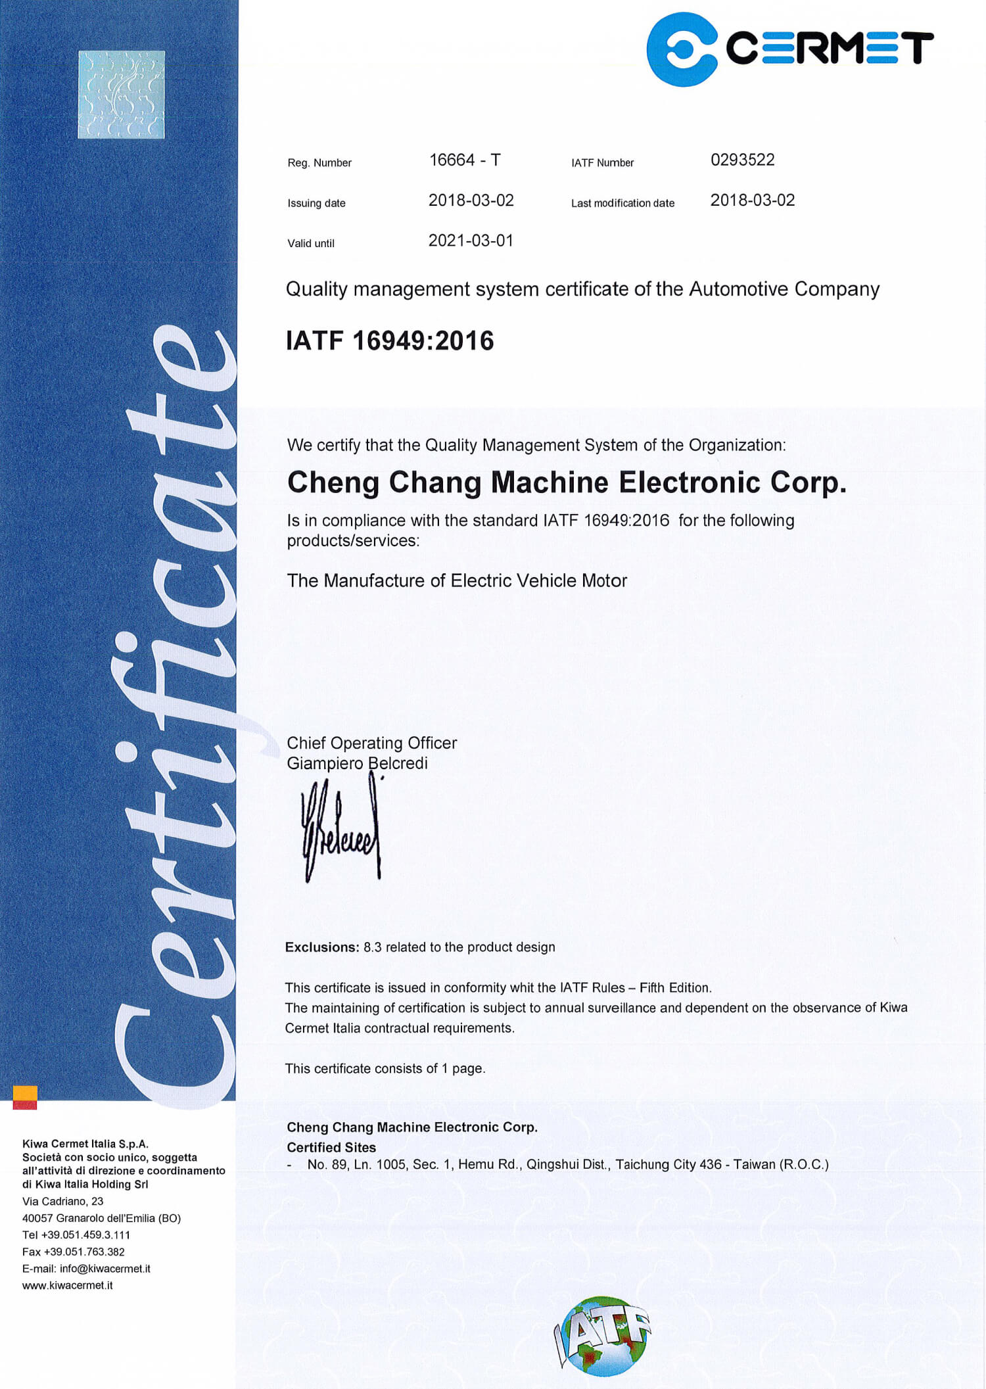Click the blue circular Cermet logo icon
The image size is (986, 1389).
682,49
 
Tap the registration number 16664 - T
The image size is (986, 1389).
465,160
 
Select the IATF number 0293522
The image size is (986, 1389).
742,160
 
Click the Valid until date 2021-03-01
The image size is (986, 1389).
471,241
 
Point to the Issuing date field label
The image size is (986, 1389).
316,203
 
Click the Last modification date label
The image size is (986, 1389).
622,203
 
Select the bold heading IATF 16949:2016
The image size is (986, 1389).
390,341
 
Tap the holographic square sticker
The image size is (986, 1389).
121,95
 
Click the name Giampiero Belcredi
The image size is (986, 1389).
357,763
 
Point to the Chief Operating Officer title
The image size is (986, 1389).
371,743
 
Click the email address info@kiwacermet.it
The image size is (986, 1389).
105,1269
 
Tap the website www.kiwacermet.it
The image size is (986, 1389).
67,1285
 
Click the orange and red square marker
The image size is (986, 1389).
25,1097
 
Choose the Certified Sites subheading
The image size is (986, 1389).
331,1147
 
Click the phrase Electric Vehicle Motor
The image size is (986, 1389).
539,580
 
